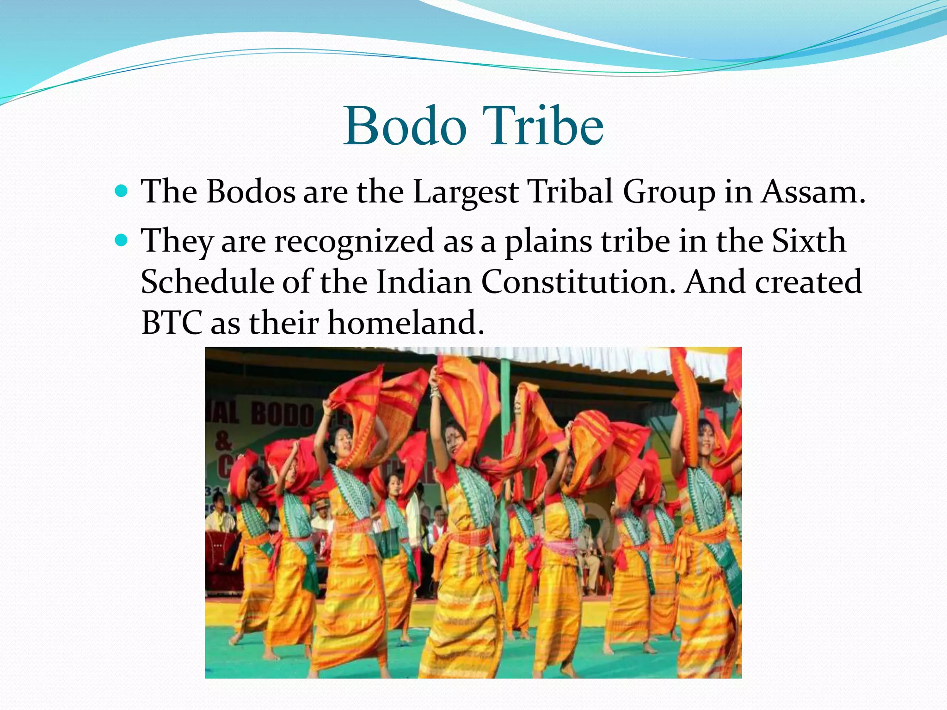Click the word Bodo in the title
pos(405,126)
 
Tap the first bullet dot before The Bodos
pos(122,190)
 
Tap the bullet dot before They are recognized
pos(122,240)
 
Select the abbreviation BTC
pos(172,322)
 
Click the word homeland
pos(406,322)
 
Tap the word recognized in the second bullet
pos(355,241)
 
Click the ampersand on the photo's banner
pos(223,441)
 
